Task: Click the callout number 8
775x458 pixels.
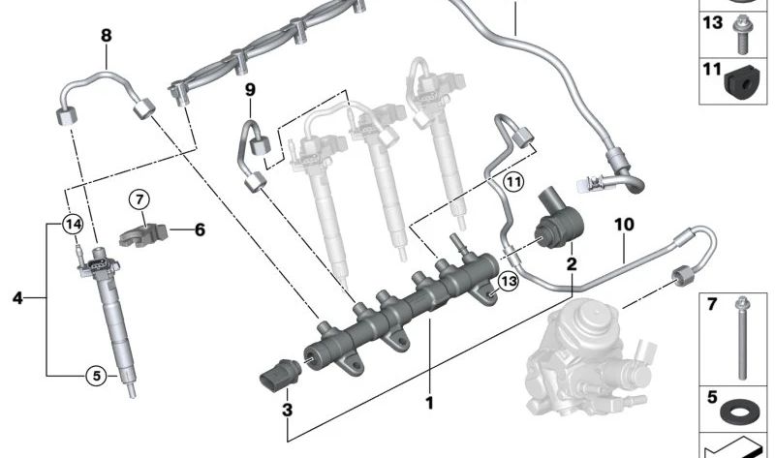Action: click(x=106, y=36)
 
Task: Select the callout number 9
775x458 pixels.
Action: click(x=249, y=90)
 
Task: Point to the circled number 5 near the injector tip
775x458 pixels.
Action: click(x=94, y=375)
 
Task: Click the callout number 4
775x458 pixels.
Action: click(x=16, y=298)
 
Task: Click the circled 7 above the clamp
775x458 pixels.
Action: click(x=139, y=199)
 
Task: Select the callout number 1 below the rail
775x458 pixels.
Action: click(x=427, y=401)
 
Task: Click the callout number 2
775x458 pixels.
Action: click(x=572, y=263)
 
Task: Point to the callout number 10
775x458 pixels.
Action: click(x=623, y=225)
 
